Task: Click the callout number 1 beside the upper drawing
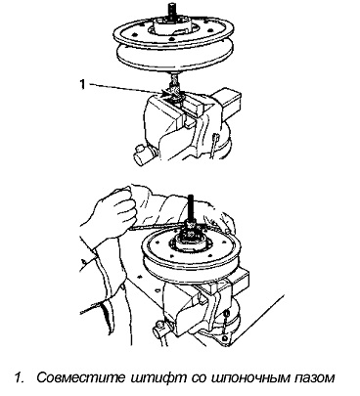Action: [x=82, y=84]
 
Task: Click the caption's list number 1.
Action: [x=19, y=378]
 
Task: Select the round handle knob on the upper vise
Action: [x=141, y=154]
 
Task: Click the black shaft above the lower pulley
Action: [x=191, y=207]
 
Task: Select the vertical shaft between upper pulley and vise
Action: [x=173, y=79]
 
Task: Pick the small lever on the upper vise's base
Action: [x=213, y=144]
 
